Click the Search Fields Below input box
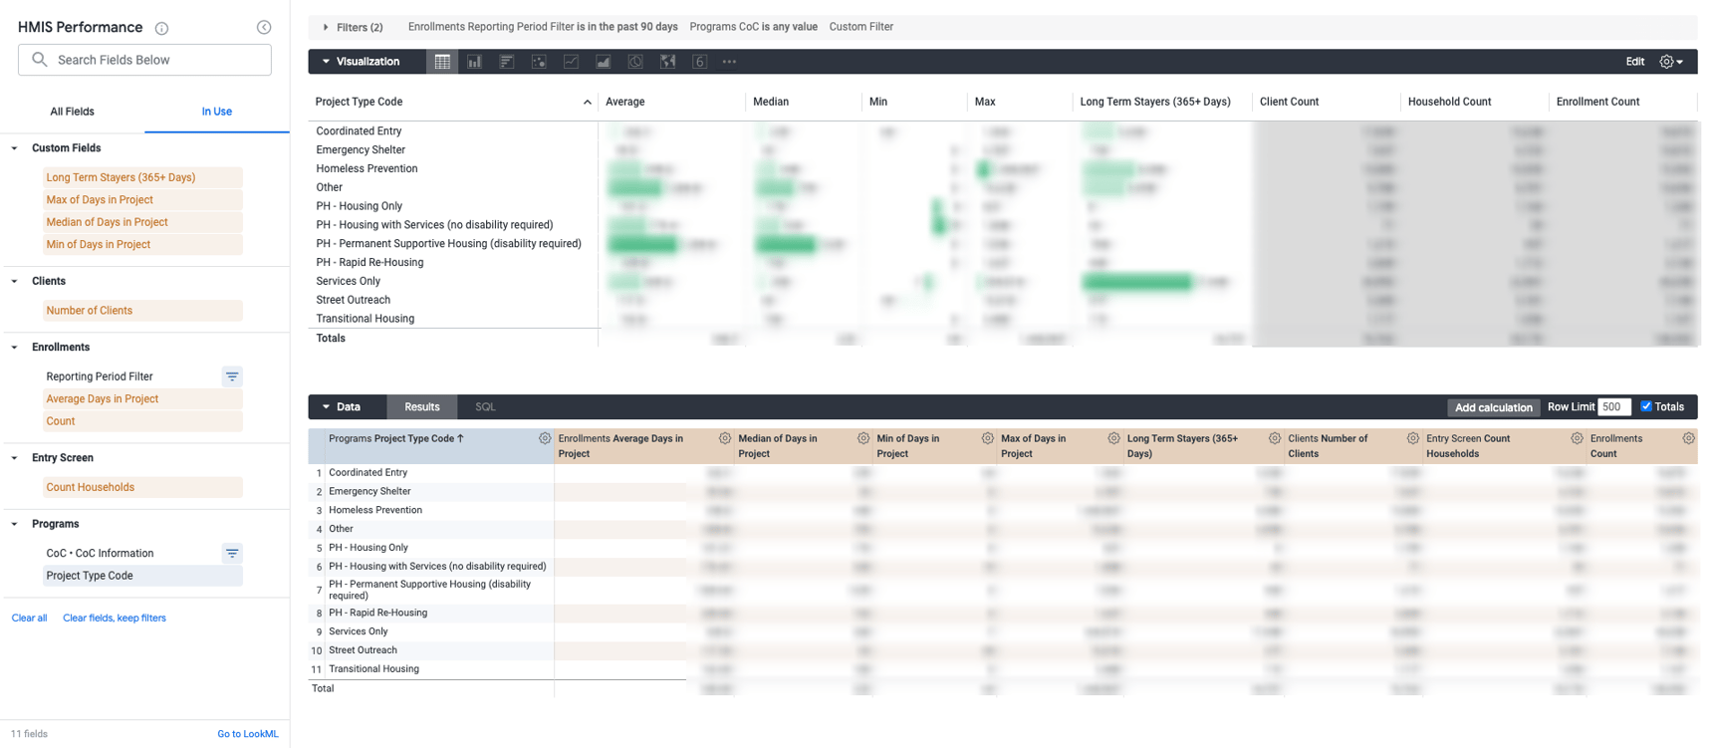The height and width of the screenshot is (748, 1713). click(x=149, y=60)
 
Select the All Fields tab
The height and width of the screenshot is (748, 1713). click(x=72, y=112)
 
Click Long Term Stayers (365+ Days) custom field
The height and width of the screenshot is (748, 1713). click(x=121, y=177)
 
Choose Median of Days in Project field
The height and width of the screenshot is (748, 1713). click(x=107, y=222)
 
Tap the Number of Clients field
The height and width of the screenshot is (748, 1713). click(x=89, y=311)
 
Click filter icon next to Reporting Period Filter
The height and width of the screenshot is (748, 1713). click(x=232, y=376)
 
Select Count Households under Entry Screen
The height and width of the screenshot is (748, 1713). click(x=90, y=487)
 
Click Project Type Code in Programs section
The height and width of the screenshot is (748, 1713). click(x=90, y=576)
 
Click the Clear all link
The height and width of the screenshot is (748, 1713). click(x=29, y=618)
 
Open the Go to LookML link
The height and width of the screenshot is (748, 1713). click(x=247, y=734)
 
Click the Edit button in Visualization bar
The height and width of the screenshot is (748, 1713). click(x=1634, y=62)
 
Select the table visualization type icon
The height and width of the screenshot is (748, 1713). click(x=442, y=62)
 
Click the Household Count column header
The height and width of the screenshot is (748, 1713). click(x=1448, y=102)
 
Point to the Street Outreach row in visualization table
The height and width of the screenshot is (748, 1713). click(x=353, y=300)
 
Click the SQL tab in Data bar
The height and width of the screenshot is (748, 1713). click(x=485, y=406)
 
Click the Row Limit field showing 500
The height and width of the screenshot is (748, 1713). click(x=1613, y=406)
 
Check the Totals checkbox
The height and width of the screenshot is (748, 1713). click(x=1646, y=406)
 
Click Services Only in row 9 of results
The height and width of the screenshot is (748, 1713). click(x=359, y=631)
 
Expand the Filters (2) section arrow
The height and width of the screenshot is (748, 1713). click(x=326, y=27)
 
